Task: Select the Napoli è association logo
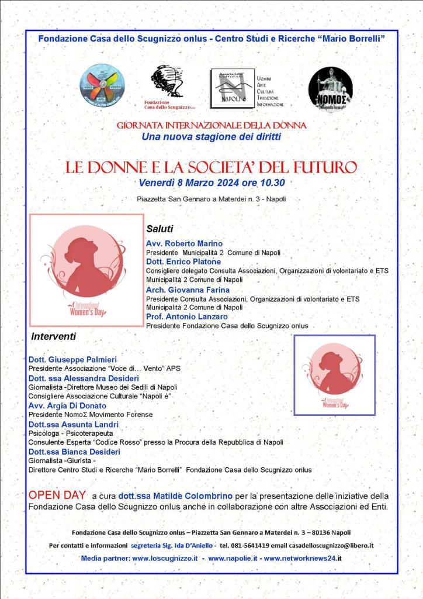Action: [229, 88]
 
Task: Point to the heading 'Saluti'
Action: [160, 228]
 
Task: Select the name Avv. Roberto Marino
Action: [184, 243]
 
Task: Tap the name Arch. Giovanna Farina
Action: [188, 289]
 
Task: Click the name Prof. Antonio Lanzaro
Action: [187, 316]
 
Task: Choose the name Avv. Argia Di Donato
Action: [67, 405]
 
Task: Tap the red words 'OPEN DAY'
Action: [57, 495]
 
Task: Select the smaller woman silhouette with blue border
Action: [334, 375]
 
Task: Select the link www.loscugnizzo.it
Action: [165, 559]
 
